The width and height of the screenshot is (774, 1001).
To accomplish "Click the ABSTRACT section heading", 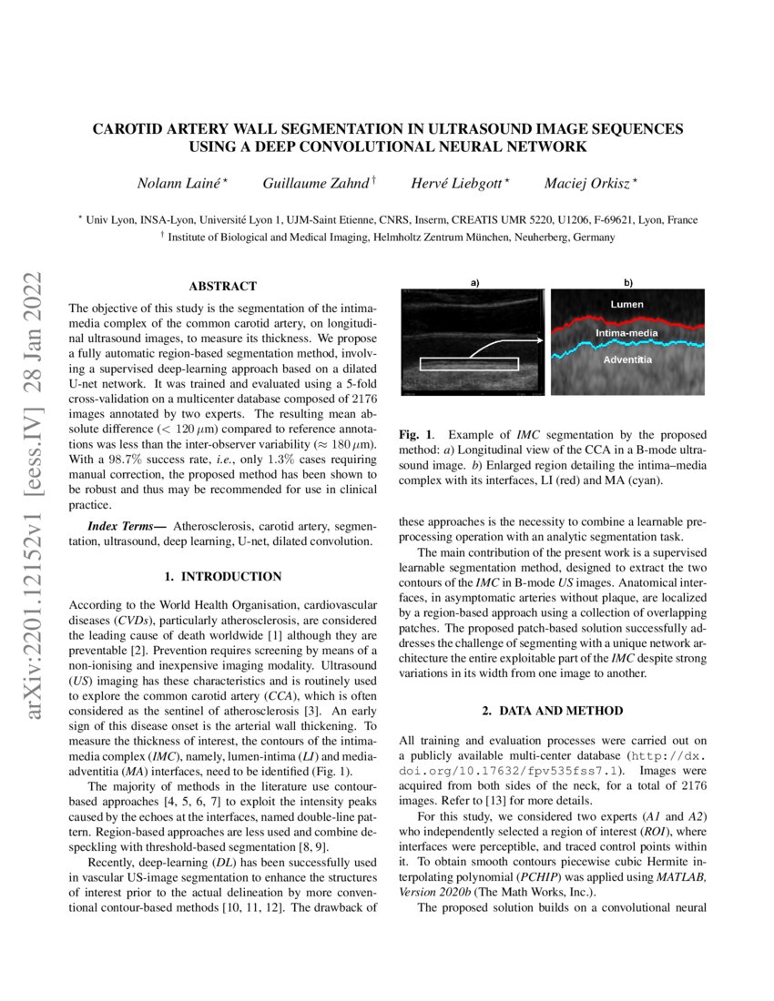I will tap(222, 286).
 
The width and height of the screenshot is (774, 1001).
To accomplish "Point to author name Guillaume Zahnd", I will tap(316, 184).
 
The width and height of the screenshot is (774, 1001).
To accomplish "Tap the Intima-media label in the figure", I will tap(626, 334).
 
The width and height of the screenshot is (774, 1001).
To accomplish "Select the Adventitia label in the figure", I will tap(627, 361).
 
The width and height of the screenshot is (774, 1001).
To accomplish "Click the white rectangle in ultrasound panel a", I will tap(470, 364).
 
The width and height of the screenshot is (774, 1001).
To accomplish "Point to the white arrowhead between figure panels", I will tap(538, 340).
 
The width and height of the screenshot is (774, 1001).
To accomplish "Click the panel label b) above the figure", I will tap(628, 282).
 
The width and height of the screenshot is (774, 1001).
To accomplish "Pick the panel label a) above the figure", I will tap(474, 282).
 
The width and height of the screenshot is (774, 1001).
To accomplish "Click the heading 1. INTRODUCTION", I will tap(222, 577).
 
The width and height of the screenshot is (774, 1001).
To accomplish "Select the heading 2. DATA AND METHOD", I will tap(553, 710).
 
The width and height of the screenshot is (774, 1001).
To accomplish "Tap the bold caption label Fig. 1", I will tap(417, 436).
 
